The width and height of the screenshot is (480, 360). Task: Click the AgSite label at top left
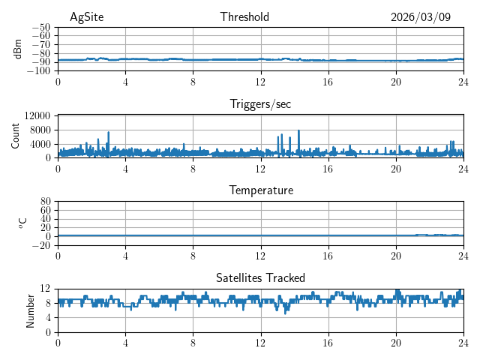pos(86,17)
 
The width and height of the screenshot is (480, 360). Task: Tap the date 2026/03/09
pos(421,17)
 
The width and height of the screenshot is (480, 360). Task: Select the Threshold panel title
pos(244,17)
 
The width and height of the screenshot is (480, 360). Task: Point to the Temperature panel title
pos(260,190)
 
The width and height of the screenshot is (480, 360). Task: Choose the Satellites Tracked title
pos(260,277)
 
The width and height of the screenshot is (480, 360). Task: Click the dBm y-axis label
pos(18,49)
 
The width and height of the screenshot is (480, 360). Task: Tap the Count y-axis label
pos(15,136)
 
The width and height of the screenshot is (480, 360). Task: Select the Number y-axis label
pos(31,310)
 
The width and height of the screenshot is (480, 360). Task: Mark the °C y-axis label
pos(22,223)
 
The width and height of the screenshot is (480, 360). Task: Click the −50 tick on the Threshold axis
pos(41,27)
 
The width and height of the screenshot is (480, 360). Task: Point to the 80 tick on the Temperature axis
pos(45,202)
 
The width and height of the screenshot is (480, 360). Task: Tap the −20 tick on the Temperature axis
pos(41,245)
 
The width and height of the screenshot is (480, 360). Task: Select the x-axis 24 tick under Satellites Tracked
pos(463,342)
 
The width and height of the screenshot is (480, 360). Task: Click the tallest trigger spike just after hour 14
pos(298,131)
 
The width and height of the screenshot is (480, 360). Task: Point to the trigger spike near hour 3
pos(109,133)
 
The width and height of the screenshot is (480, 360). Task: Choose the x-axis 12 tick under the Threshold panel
pos(261,81)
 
